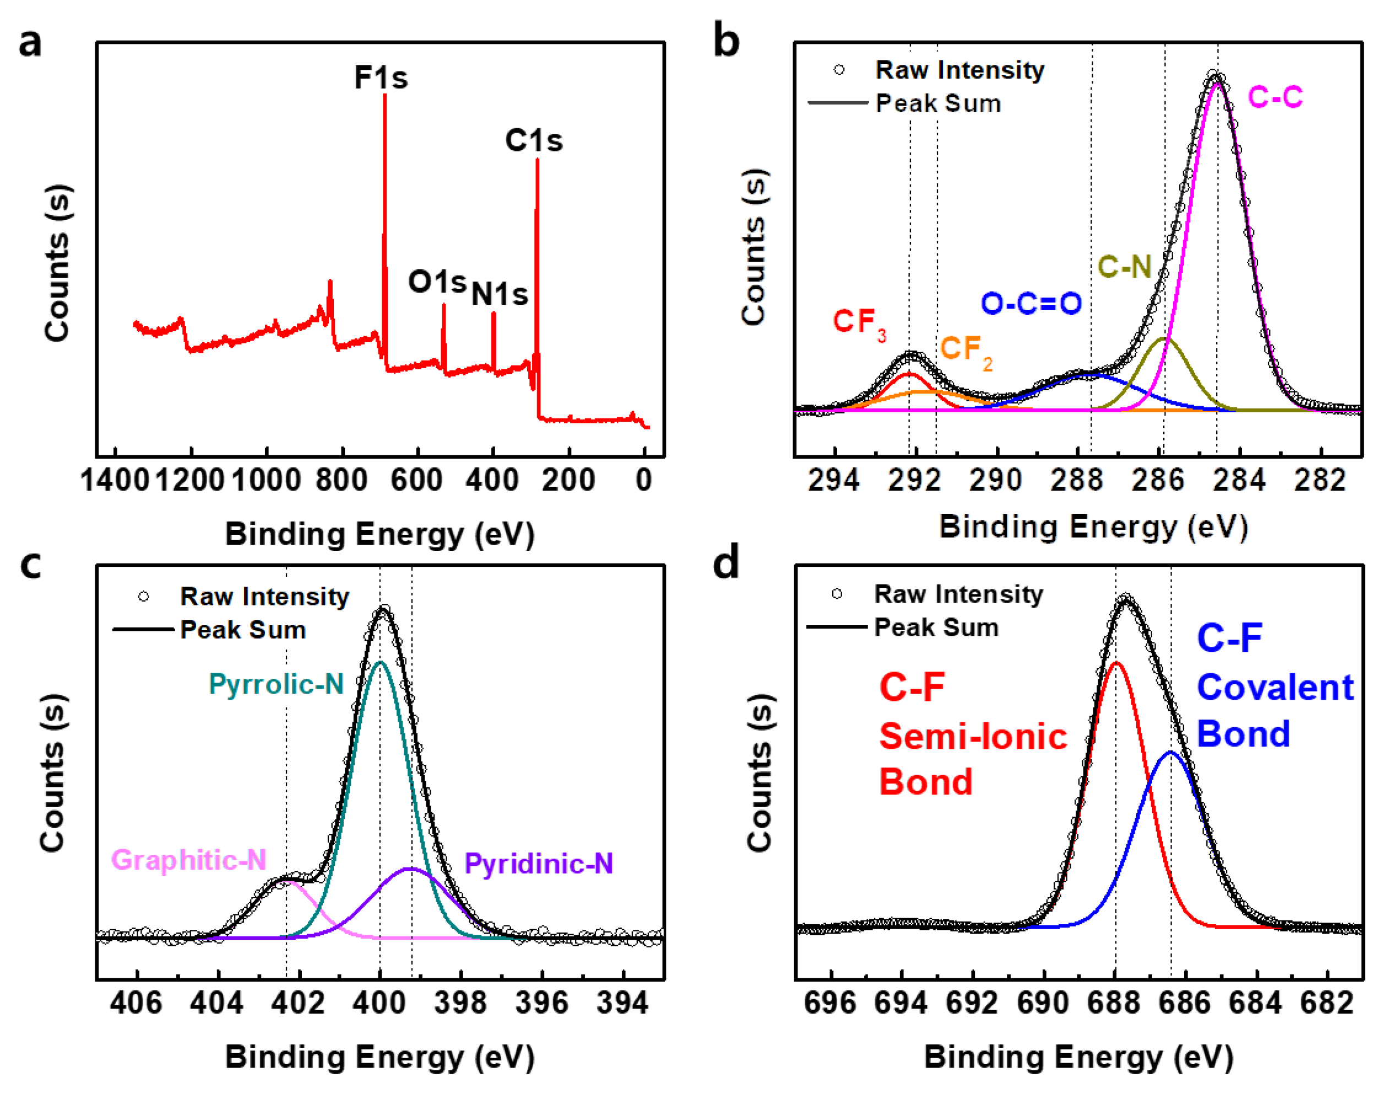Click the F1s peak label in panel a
(381, 78)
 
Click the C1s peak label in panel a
(534, 140)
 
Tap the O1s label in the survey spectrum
(437, 281)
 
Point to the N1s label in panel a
(500, 295)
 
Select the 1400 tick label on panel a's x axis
(115, 480)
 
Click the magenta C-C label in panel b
(1274, 97)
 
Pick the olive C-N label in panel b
(1125, 266)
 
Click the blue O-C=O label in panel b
(1032, 303)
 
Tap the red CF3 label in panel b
(859, 323)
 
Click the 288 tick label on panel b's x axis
(1077, 480)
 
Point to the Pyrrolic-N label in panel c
(276, 685)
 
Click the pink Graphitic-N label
(188, 860)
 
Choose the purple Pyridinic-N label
(539, 864)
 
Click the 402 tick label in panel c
(299, 1003)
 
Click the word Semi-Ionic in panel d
(973, 736)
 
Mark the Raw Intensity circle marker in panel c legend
(144, 597)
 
